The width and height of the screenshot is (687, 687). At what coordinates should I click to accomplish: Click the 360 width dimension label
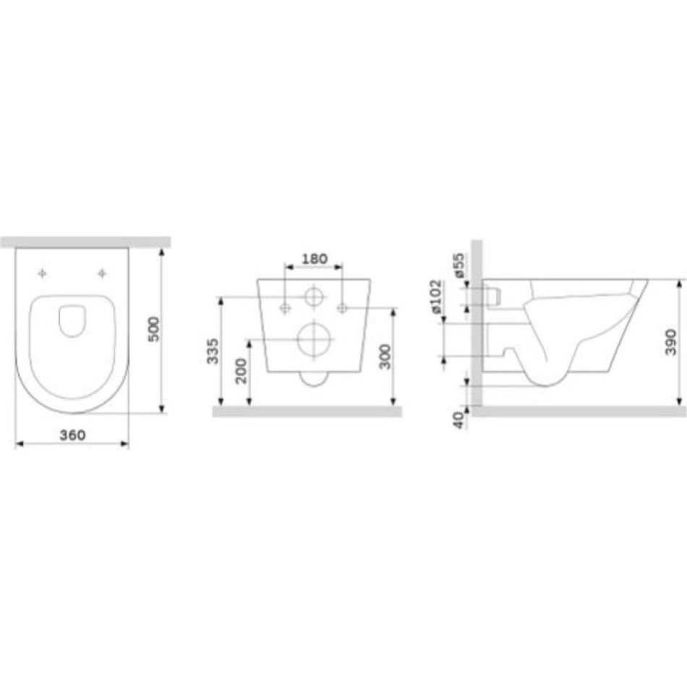point(73,435)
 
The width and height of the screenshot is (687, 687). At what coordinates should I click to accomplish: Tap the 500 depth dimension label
point(154,330)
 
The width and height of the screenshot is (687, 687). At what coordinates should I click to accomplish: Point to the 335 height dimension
point(213,351)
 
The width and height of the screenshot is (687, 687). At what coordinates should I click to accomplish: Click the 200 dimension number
point(241,371)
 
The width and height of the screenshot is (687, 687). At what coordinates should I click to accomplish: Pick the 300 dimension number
point(385,357)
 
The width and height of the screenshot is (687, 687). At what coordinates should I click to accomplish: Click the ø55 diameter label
point(458,265)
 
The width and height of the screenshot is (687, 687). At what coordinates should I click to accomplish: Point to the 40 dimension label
point(458,420)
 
